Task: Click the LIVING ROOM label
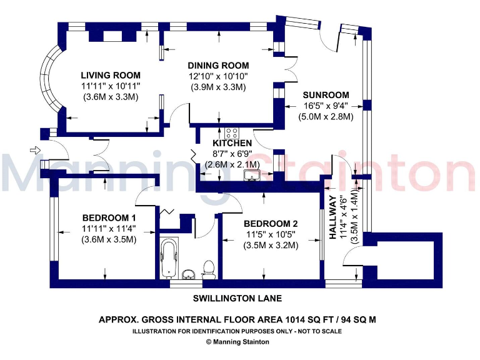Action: pos(111,75)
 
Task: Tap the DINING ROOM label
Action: pos(218,66)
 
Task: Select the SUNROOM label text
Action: pos(326,95)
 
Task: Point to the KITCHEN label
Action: pos(232,143)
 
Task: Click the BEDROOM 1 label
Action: pos(109,218)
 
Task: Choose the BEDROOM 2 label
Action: pos(271,224)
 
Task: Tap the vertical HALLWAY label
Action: pos(333,217)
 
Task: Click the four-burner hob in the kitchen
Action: pos(232,134)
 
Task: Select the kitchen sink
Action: pos(252,176)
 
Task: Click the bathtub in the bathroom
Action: pos(169,258)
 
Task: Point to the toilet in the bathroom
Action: pos(209,270)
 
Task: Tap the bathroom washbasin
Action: pos(189,274)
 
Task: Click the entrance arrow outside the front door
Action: pos(35,150)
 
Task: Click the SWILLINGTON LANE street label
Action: pos(237,298)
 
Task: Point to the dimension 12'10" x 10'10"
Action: pos(218,76)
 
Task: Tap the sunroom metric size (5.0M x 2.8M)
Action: pos(326,117)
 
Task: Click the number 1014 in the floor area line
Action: pos(296,320)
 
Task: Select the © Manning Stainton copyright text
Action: pos(237,342)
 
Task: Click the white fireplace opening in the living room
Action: pos(112,36)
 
